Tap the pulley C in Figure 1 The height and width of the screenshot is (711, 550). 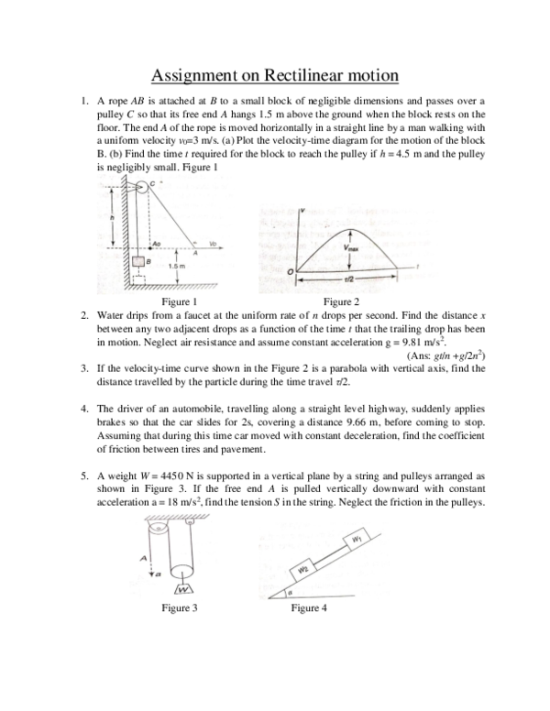(142, 190)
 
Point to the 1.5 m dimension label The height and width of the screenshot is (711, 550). (176, 265)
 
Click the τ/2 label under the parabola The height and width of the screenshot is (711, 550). (348, 278)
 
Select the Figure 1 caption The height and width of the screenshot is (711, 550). (179, 301)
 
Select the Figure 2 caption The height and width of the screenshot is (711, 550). (342, 301)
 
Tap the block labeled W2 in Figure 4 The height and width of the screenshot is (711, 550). (302, 571)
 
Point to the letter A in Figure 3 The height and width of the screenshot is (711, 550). (143, 557)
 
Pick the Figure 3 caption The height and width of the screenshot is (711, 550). (179, 607)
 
